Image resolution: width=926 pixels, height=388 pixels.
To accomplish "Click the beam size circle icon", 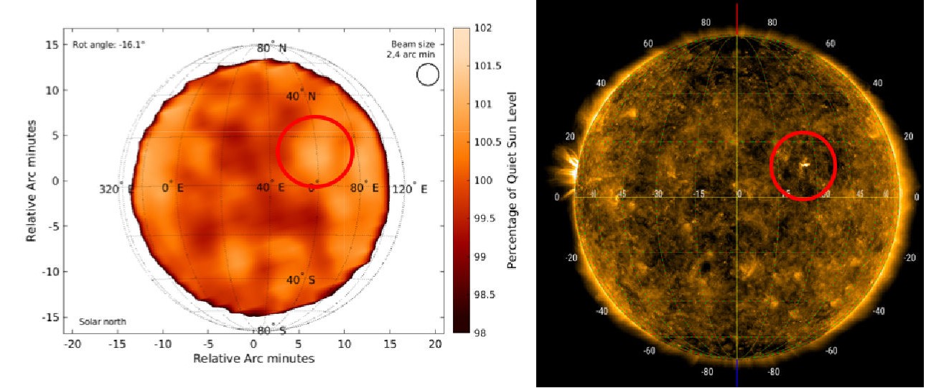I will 427,74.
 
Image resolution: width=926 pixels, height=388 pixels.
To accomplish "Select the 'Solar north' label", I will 103,322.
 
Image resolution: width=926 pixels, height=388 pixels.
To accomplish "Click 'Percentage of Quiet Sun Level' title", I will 512,180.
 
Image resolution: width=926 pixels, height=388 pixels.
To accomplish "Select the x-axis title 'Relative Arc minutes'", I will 253,358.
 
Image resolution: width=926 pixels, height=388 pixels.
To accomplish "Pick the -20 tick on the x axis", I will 72,345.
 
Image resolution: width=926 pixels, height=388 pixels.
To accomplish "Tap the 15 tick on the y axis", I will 51,45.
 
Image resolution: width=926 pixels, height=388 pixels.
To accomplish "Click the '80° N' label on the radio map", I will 272,48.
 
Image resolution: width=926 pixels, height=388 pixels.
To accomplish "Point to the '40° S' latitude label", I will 301,280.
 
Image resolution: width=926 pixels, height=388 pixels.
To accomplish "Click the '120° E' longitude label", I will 410,189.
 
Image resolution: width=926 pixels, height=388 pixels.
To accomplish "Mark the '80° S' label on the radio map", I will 272,331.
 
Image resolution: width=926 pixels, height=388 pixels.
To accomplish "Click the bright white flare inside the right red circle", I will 805,165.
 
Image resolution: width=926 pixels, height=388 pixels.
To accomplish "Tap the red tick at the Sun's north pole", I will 737,18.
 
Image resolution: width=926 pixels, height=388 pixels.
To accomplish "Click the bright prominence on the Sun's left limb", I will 566,175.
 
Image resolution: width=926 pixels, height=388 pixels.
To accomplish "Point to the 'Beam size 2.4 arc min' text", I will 411,49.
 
